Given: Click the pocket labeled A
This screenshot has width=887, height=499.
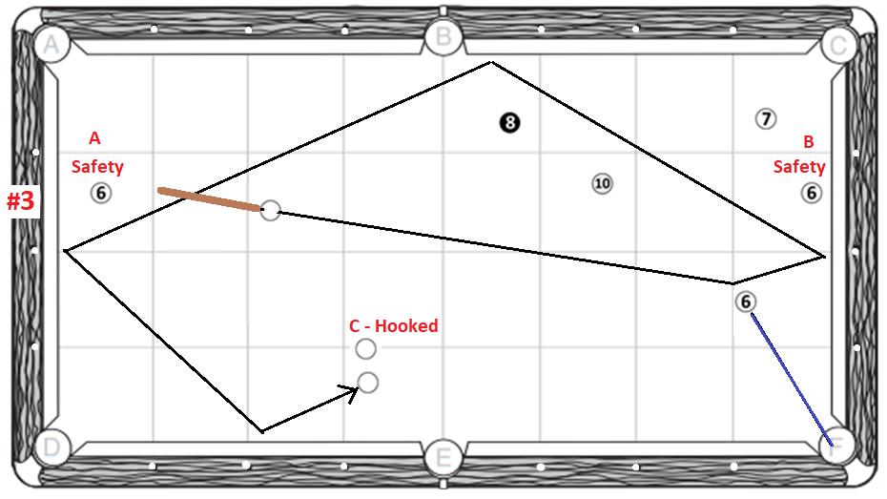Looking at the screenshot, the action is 51,43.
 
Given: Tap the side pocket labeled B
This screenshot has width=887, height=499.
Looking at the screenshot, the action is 443,38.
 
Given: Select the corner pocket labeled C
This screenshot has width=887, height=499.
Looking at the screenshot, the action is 837,44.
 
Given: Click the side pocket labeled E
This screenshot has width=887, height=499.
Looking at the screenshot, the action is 443,457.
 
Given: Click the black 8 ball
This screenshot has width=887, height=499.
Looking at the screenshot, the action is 510,122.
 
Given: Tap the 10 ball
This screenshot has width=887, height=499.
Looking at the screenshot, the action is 601,184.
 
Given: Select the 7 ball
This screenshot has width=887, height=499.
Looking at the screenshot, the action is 765,119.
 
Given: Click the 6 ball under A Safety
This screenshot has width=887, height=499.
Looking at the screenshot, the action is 101,193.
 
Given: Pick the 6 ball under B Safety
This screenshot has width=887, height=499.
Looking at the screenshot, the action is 811,193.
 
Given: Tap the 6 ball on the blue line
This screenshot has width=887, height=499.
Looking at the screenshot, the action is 746,301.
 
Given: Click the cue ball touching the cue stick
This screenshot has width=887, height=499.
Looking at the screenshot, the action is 271,210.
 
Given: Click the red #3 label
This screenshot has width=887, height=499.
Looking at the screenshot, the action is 21,201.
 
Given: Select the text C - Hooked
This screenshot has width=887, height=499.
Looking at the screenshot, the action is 393,325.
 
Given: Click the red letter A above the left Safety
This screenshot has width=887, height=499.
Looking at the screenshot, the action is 93,138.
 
